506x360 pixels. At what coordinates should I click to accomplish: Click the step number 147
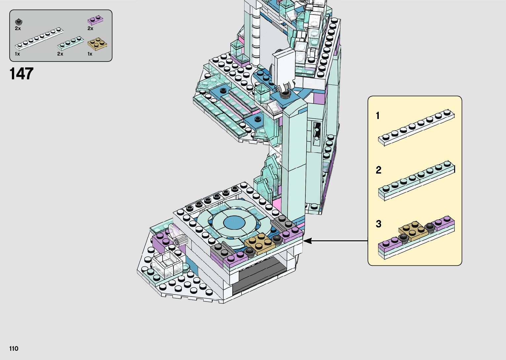(x=21, y=74)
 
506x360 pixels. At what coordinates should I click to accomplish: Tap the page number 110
(x=14, y=348)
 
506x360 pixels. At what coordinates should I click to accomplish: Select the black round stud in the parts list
(x=19, y=22)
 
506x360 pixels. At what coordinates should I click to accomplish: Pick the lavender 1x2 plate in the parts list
(x=96, y=20)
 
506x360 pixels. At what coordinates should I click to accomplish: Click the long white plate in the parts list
(x=39, y=39)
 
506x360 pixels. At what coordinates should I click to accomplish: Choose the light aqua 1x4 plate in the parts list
(x=70, y=43)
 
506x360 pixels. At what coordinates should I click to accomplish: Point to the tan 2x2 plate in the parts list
(x=97, y=44)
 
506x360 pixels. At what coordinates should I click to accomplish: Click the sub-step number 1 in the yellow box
(x=378, y=115)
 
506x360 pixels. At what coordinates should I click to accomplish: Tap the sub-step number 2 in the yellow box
(x=378, y=170)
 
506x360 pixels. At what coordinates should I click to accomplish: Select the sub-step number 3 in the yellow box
(x=378, y=224)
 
